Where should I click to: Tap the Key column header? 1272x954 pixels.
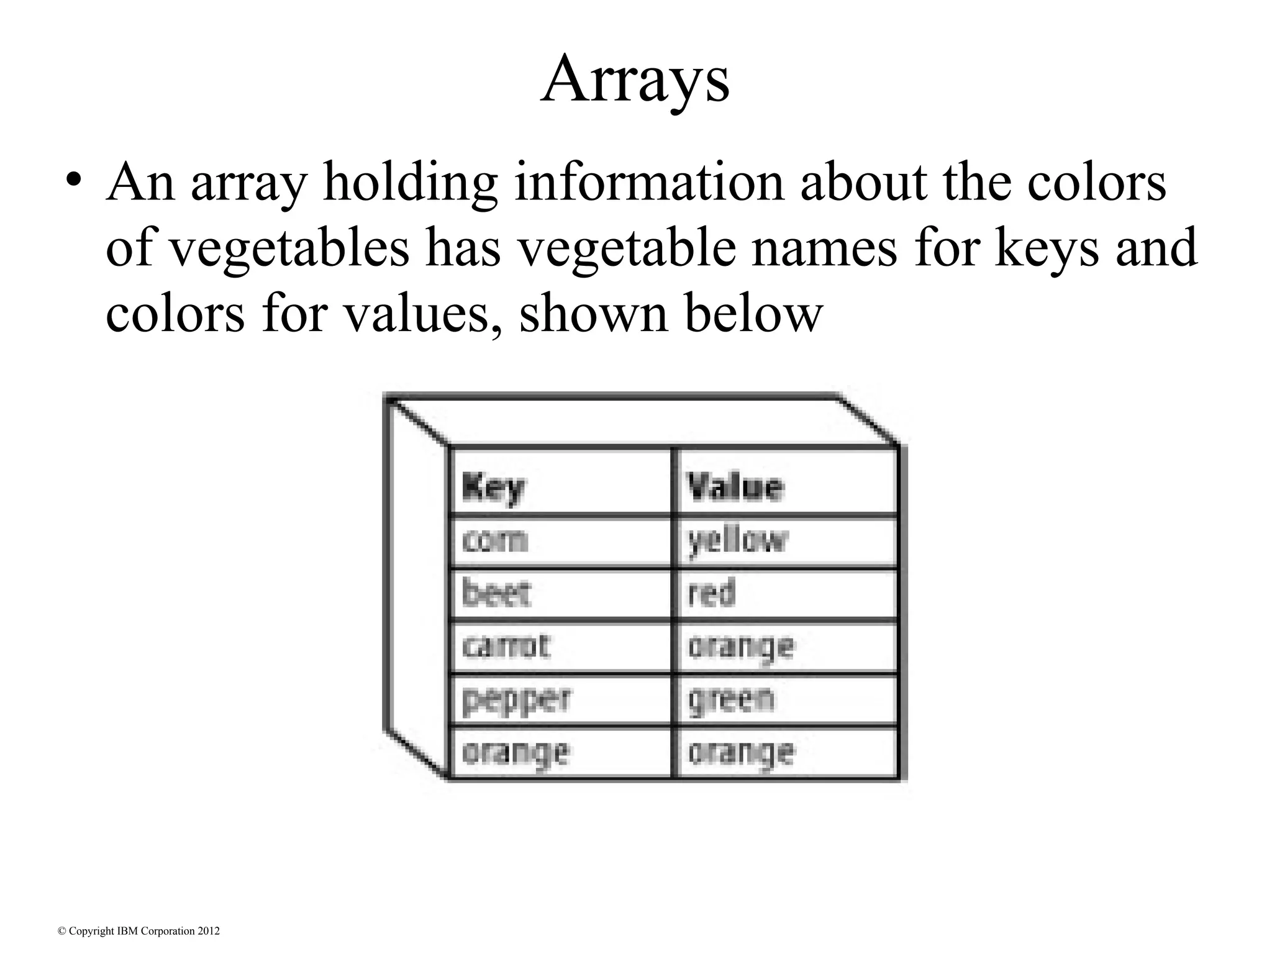[x=494, y=488]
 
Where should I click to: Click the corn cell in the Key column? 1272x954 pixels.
[x=495, y=541]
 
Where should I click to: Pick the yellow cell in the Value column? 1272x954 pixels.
[x=737, y=541]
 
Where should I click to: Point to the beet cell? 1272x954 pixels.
[x=496, y=593]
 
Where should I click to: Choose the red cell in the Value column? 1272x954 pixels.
[x=712, y=593]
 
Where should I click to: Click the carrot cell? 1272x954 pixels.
[x=506, y=647]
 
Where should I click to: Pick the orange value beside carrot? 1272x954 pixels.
[x=740, y=647]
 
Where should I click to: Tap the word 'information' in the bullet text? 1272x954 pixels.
[x=649, y=183]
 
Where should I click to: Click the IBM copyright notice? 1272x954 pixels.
[x=139, y=931]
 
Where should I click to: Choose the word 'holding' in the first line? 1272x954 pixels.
[x=410, y=183]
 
